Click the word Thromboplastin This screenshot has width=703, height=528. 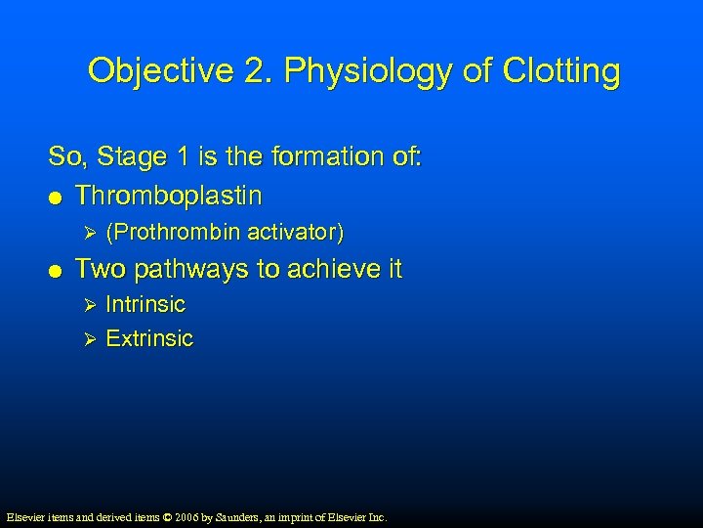[168, 196]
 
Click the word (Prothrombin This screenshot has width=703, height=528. [173, 233]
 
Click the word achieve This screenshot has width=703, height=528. [325, 269]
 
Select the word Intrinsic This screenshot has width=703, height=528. [145, 304]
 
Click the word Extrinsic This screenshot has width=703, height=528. [149, 339]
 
